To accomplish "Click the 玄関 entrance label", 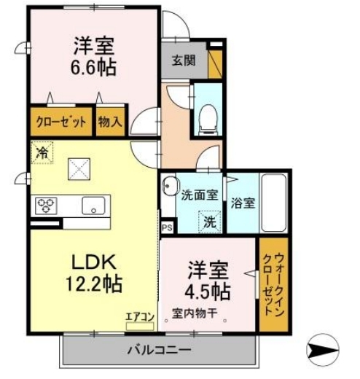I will (183, 62).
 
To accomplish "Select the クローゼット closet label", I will (62, 122).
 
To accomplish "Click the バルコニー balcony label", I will (160, 350).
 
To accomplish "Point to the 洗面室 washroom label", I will (199, 195).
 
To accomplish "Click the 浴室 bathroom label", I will (243, 203).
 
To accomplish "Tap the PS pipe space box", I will (167, 227).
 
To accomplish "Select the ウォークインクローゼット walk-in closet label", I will (273, 281).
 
